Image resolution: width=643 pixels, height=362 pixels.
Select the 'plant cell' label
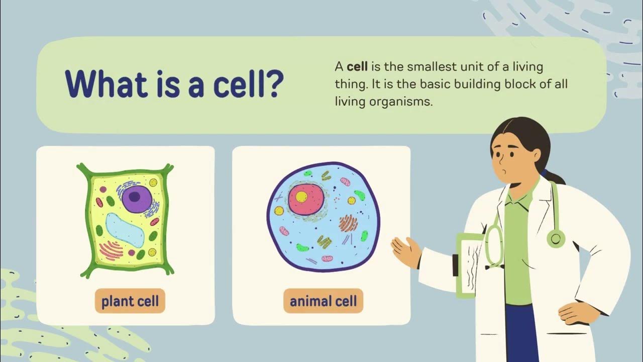point(130,302)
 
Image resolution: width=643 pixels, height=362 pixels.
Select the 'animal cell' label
point(323,301)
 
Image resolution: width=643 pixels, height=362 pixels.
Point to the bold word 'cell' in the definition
point(357,66)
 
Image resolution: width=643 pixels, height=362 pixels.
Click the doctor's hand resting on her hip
point(578,312)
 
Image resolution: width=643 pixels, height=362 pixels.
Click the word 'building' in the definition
point(475,84)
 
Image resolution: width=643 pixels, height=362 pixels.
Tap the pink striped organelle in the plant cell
point(111,249)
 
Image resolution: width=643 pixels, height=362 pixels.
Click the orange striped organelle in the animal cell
point(348,223)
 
